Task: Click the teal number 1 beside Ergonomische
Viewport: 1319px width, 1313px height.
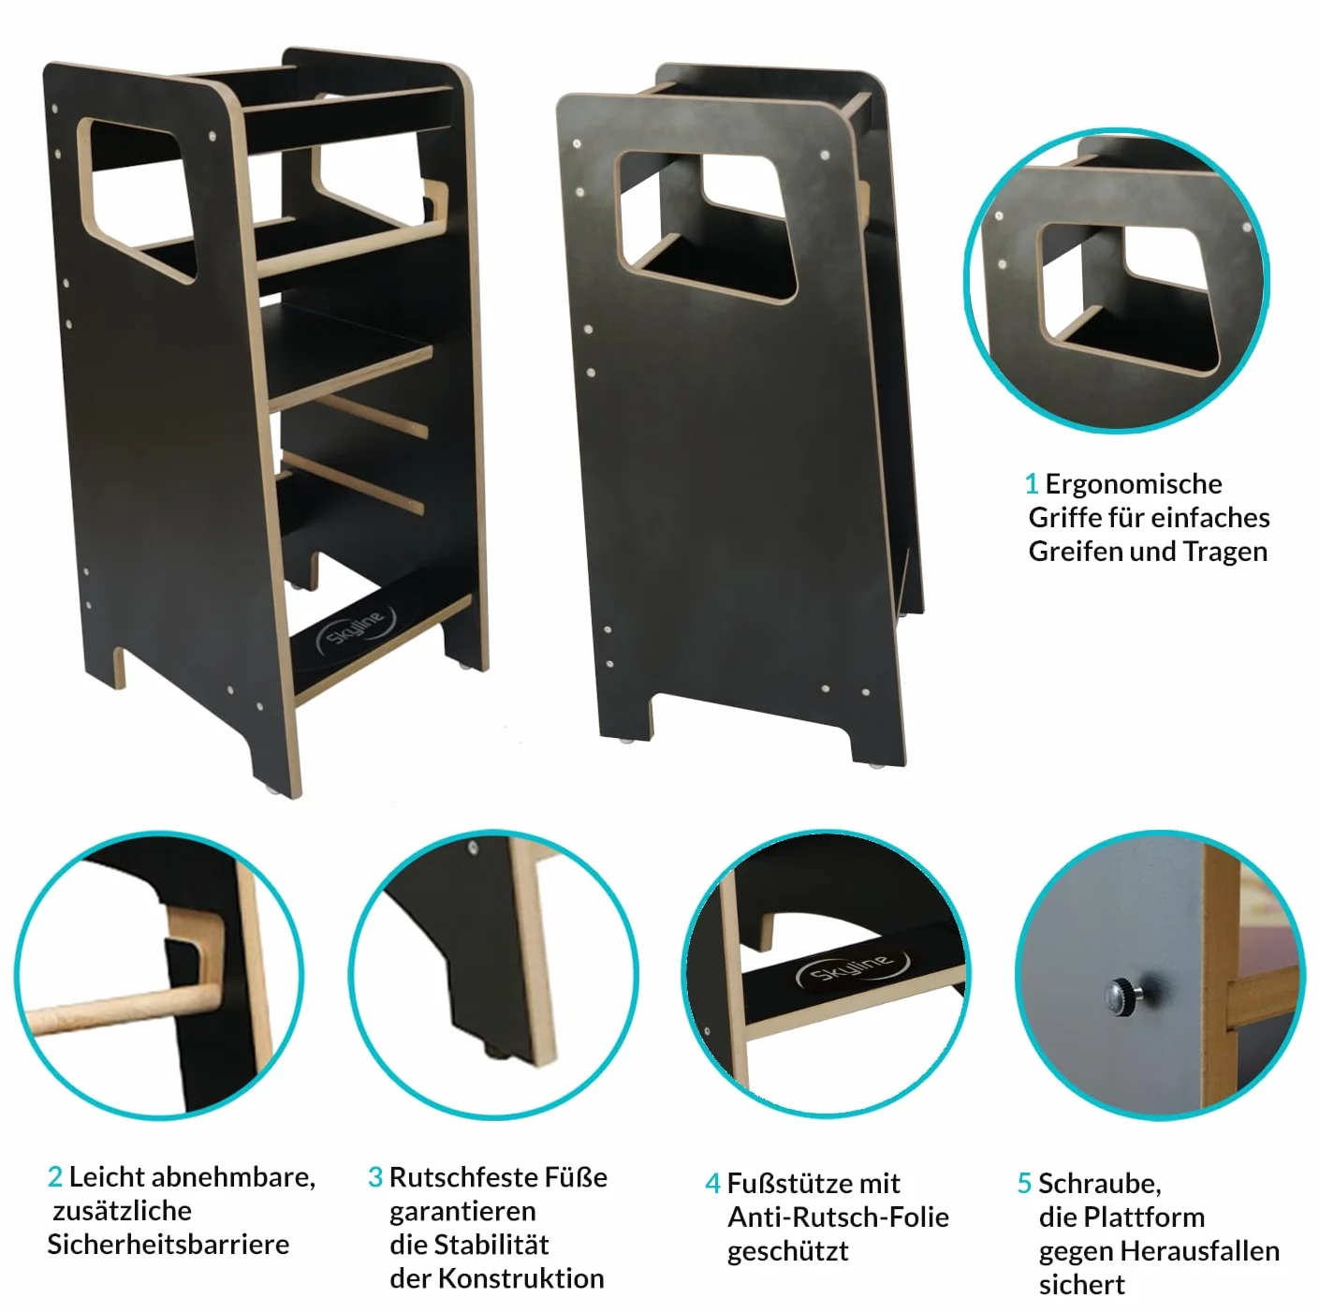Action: (x=1032, y=484)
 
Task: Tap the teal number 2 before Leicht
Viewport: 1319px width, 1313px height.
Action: (x=54, y=1176)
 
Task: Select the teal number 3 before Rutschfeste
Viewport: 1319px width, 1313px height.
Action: (x=375, y=1177)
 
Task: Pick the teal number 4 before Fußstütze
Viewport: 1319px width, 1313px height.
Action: (x=712, y=1184)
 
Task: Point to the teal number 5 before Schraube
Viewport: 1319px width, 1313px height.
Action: (x=1024, y=1184)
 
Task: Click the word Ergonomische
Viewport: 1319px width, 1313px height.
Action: (x=1134, y=485)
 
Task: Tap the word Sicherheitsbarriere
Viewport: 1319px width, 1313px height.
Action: (x=168, y=1245)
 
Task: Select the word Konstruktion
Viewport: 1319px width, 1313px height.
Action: (x=521, y=1278)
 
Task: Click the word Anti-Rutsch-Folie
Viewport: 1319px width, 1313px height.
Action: (x=839, y=1217)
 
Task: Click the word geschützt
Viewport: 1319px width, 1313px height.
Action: (x=788, y=1252)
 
